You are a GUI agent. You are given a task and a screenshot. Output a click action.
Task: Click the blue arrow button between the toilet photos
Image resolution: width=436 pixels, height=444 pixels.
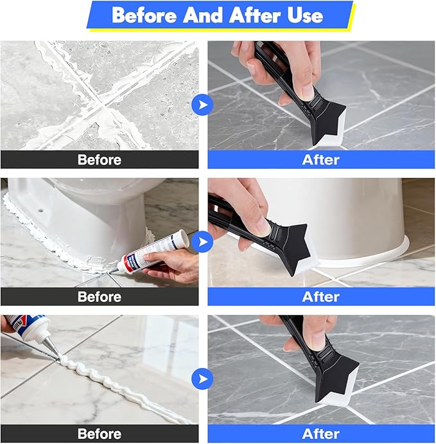(x=202, y=242)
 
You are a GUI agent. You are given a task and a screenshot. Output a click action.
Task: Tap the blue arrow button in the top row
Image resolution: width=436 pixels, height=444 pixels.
(x=202, y=105)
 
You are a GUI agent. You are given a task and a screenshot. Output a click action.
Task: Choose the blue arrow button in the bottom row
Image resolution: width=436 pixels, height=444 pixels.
(x=202, y=378)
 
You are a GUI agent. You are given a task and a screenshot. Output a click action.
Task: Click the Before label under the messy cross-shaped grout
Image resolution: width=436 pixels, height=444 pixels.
(x=100, y=159)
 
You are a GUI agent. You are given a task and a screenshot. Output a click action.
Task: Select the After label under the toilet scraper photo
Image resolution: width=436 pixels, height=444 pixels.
(x=320, y=296)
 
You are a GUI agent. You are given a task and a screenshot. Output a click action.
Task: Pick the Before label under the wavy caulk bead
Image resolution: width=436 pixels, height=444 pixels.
(x=100, y=434)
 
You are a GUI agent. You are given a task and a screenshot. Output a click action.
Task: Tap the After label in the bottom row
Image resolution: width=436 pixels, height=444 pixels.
(x=320, y=434)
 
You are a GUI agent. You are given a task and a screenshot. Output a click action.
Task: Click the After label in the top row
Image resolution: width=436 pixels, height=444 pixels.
(x=320, y=159)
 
